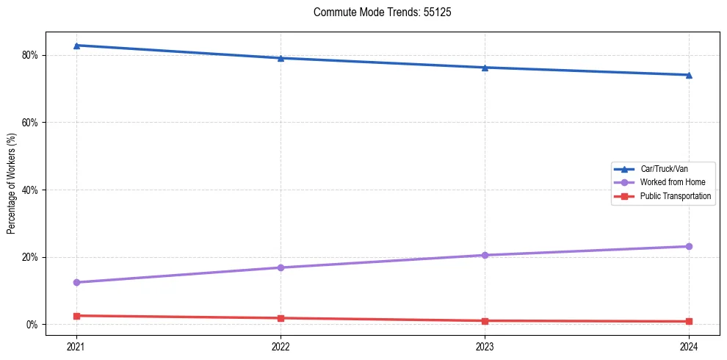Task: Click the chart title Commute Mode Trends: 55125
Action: point(377,12)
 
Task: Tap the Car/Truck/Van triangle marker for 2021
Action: point(76,46)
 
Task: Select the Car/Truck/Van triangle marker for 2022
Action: point(281,58)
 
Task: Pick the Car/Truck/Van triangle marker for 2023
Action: point(485,68)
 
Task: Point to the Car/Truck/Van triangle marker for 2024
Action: point(689,75)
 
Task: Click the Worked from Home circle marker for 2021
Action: point(76,282)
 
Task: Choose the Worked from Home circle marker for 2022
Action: point(281,267)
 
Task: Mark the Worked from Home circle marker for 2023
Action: point(485,255)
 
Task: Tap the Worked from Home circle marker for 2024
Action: point(689,246)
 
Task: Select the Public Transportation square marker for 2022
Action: point(281,318)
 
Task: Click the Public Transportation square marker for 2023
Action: point(485,321)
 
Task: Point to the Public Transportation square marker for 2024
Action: point(689,322)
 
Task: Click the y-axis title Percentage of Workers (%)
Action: point(12,184)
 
